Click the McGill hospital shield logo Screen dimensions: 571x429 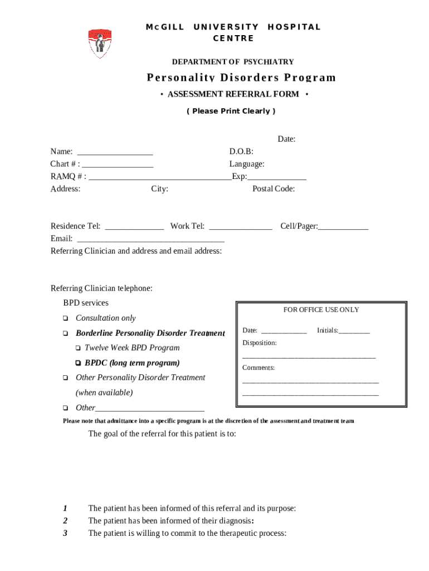100,43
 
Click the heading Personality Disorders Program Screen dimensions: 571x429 241,78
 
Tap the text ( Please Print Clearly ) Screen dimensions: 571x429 231,111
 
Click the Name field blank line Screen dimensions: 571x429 115,152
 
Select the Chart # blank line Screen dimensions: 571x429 118,165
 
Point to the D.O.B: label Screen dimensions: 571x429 241,151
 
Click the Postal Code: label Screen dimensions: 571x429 274,188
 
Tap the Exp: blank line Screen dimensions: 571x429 277,178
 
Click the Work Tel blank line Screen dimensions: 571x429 240,228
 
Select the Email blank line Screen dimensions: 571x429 150,240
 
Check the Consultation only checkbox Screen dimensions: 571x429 65,318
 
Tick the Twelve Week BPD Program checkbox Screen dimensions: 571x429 78,348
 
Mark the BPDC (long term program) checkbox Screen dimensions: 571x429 78,363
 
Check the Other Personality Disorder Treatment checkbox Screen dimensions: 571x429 65,378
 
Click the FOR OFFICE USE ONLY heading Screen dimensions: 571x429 321,309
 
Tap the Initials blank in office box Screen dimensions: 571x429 354,332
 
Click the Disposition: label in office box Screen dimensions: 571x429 259,342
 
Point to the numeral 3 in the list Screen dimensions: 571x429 65,533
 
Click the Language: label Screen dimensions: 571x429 247,164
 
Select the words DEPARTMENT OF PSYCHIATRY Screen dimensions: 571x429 232,62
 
